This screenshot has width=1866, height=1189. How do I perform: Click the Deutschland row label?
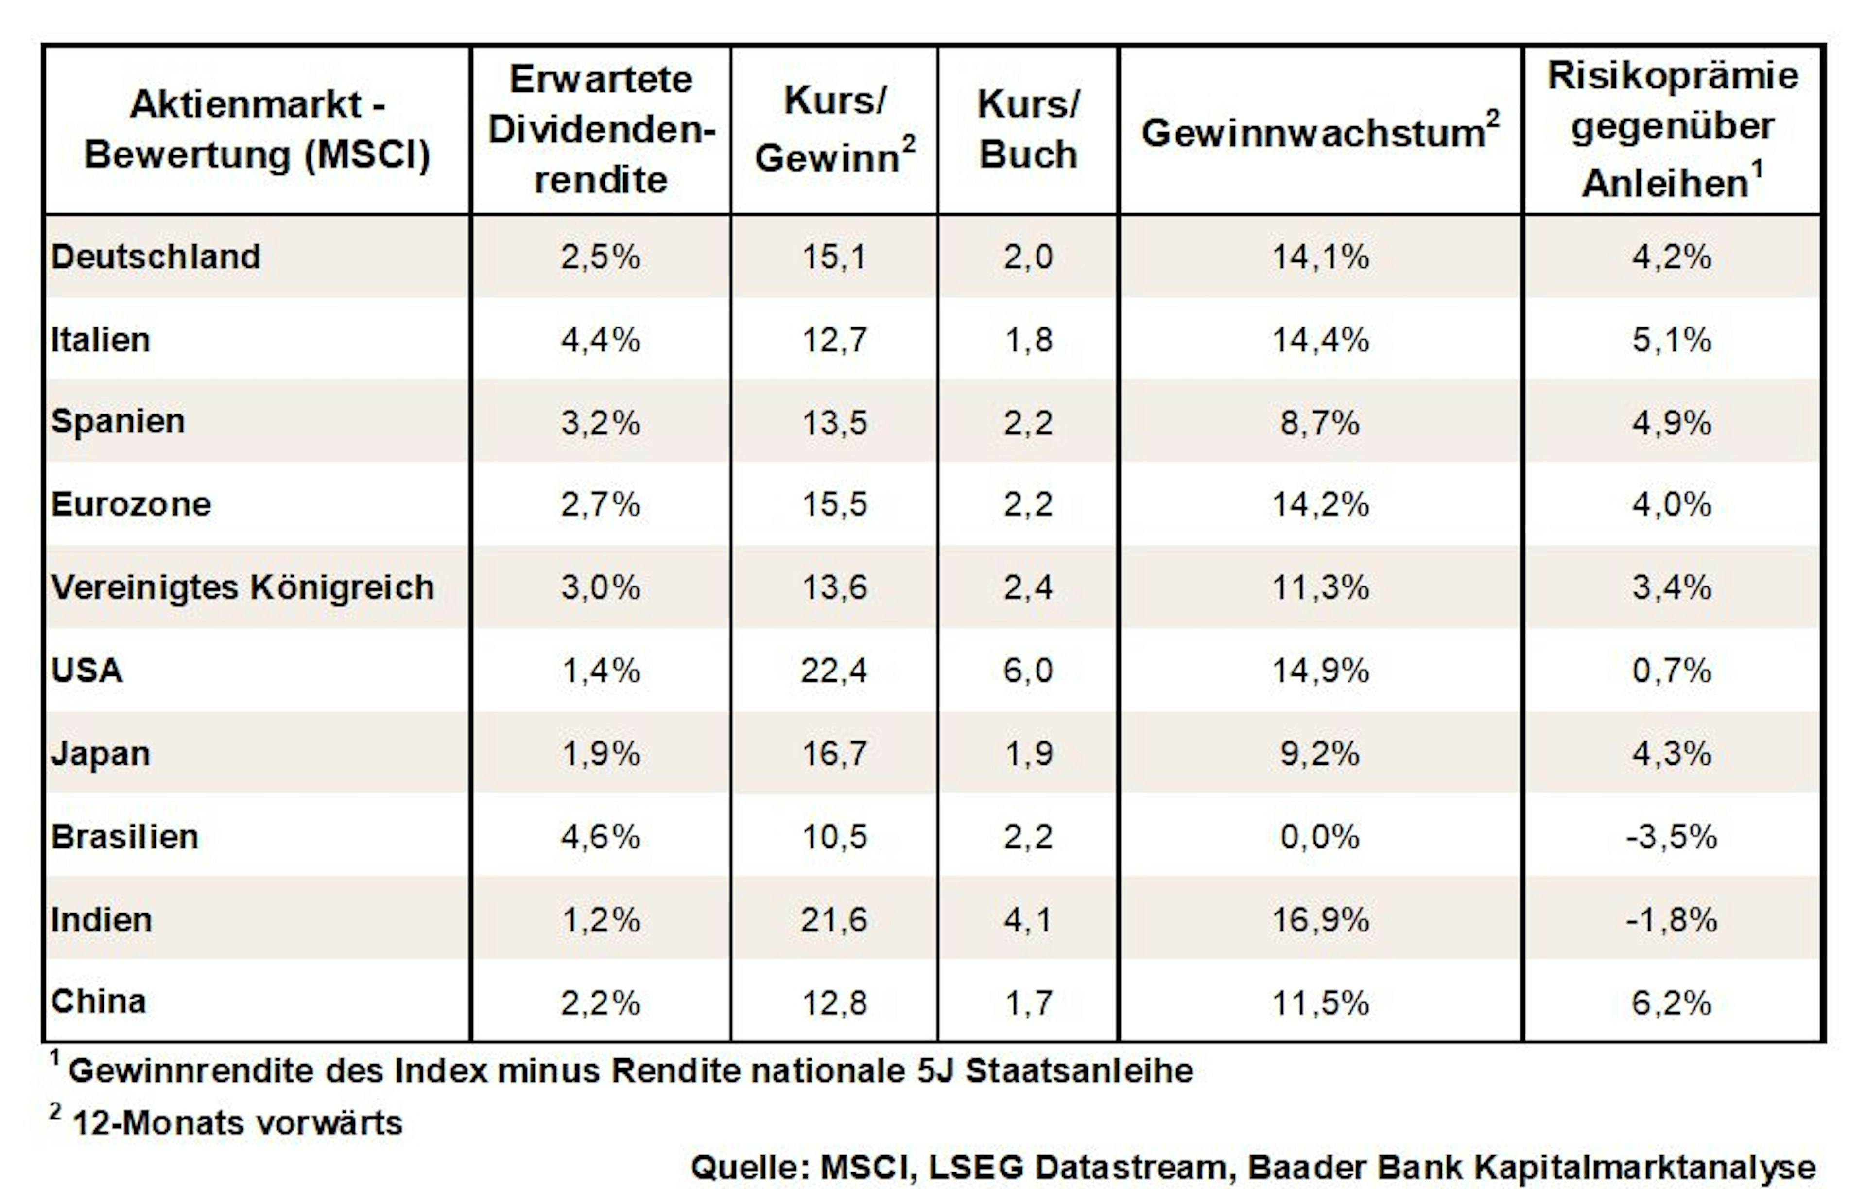point(156,257)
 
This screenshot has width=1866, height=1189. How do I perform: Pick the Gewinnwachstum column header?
point(1320,130)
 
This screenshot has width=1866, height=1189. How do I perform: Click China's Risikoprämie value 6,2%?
point(1672,1003)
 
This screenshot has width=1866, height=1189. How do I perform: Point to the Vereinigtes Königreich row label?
point(242,587)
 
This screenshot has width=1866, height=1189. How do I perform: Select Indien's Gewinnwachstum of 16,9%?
point(1320,920)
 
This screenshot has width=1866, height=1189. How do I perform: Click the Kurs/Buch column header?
point(1028,129)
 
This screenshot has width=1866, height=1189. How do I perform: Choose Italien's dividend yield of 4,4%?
point(601,340)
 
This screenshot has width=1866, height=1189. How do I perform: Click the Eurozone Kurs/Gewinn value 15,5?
point(834,504)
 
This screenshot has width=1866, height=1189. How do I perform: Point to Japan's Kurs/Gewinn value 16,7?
point(834,754)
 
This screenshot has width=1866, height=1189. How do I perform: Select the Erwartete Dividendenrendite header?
point(601,129)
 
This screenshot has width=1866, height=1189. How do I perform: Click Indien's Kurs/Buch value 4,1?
point(1028,920)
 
